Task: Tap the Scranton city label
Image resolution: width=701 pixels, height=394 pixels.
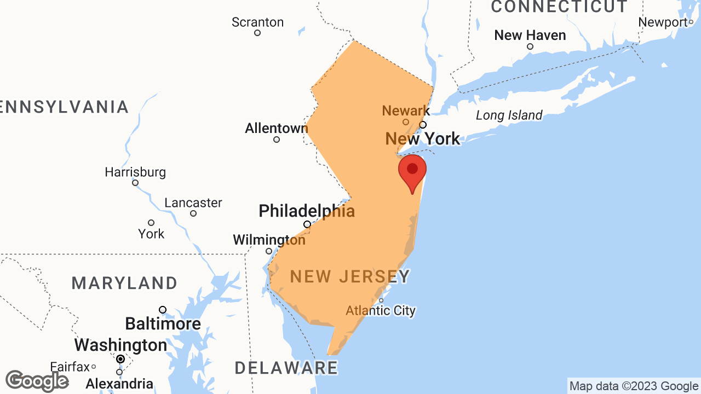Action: [257, 22]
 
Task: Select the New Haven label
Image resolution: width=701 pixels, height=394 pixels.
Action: [530, 35]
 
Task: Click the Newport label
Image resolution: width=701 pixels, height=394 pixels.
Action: [663, 22]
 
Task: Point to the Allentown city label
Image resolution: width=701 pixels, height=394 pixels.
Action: [276, 129]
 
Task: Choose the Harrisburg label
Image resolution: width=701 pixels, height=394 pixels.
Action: [135, 172]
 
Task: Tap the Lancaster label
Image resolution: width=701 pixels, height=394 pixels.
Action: [193, 203]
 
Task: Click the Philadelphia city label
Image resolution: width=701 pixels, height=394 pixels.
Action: [307, 211]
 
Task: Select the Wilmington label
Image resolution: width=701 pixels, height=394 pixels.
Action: [269, 240]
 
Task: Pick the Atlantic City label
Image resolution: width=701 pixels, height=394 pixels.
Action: [381, 311]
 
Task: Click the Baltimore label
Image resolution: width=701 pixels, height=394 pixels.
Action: [163, 324]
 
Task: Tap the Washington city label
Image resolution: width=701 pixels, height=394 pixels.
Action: [120, 345]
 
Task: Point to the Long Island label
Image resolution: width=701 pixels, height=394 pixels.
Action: [509, 115]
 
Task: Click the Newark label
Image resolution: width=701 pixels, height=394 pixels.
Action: [406, 111]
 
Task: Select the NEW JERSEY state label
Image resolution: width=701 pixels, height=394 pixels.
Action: [349, 277]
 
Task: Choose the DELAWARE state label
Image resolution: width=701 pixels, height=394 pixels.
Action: [286, 368]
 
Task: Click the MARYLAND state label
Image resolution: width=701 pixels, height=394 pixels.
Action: [124, 283]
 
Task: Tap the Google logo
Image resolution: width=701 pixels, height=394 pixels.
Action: [37, 381]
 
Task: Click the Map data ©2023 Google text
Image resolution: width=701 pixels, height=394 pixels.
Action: [634, 386]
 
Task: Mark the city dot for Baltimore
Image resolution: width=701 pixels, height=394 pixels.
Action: [163, 310]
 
